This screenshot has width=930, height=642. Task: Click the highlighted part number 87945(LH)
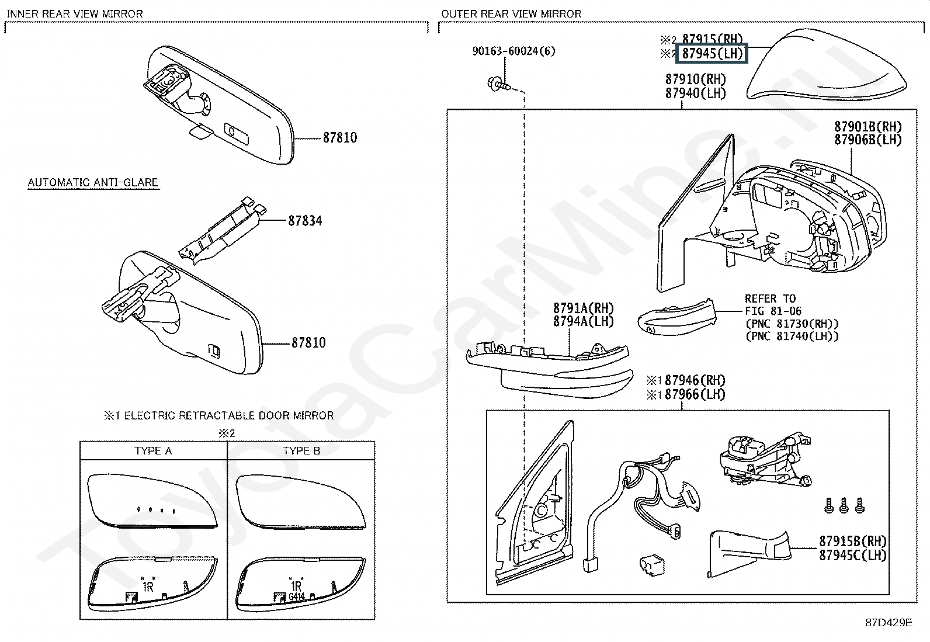point(713,54)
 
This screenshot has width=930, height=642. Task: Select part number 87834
point(305,221)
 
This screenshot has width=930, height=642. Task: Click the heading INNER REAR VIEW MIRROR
point(75,13)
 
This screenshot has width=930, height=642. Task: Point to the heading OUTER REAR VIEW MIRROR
point(511,13)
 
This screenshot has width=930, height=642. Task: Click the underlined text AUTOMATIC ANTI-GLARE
point(93,182)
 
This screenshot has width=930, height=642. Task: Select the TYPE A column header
point(153,451)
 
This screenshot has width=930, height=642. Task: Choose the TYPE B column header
point(301,451)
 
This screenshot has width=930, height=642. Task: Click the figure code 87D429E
point(889,623)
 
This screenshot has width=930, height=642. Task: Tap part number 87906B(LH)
point(867,140)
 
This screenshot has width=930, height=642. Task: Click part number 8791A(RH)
point(584,308)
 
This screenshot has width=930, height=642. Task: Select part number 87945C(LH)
point(852,555)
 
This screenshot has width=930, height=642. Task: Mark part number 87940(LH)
point(695,93)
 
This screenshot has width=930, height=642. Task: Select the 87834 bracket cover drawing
point(219,230)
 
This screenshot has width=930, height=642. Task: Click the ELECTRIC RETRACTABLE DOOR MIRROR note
point(219,415)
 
